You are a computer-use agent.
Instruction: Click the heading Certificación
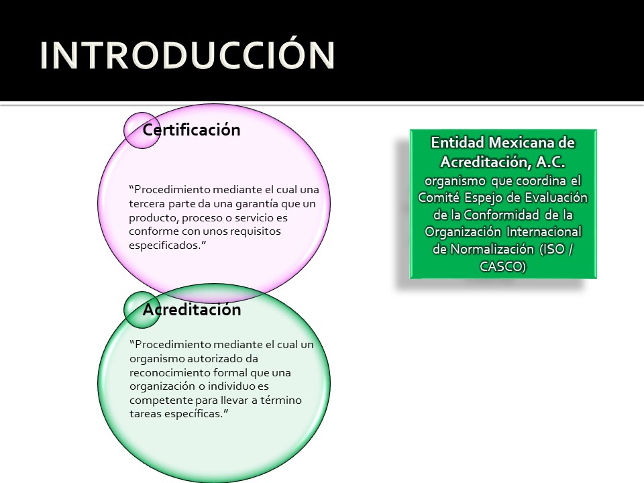pos(191,129)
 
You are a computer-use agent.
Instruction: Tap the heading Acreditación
pos(192,309)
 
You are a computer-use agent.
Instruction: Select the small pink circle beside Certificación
pos(142,130)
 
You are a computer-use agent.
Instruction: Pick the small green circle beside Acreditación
pos(142,310)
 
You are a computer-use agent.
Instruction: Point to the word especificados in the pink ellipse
pos(165,246)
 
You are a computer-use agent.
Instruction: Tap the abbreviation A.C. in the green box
pos(551,162)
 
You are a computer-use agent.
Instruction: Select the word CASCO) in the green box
pos(502,266)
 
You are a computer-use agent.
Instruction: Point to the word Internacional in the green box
pos(544,231)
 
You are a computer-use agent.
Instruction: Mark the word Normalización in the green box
pos(492,250)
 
